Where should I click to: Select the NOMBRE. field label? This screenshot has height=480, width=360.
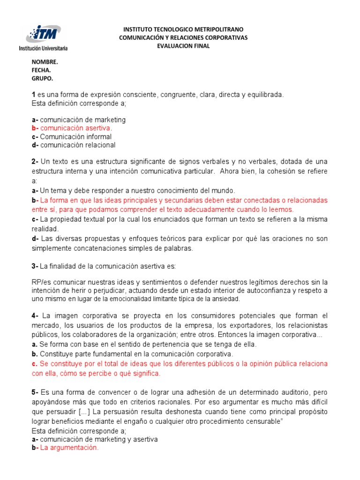point(45,62)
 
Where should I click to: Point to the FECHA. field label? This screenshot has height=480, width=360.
point(41,70)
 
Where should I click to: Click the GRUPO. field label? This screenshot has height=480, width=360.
point(42,78)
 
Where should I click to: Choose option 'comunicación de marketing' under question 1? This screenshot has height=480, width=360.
point(82,120)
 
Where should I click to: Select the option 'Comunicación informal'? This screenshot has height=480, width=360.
point(75,136)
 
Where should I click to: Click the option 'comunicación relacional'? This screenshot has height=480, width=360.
point(77,145)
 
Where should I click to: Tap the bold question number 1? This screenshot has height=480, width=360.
point(34,94)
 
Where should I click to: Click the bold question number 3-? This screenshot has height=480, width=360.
point(35,266)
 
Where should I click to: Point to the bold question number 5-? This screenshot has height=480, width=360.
point(35,391)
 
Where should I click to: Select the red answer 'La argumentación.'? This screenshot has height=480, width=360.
point(69,448)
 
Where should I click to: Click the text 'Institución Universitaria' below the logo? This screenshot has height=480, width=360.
point(43,48)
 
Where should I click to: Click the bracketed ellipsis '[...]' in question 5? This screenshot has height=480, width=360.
point(85,411)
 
